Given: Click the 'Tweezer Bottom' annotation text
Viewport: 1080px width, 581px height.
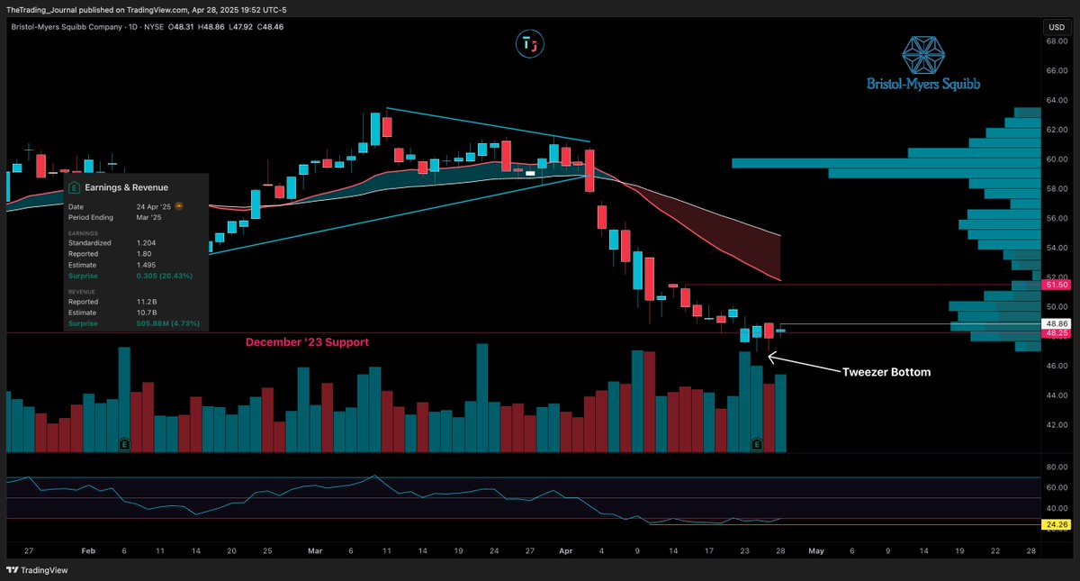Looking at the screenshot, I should pos(886,372).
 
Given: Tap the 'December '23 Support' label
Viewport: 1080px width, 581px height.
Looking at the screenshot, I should pos(307,342).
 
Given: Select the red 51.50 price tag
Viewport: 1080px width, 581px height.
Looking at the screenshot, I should pos(1056,285).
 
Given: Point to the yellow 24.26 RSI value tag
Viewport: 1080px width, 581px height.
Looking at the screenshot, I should pos(1056,524).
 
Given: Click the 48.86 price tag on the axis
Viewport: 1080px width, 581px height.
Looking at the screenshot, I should pos(1056,323).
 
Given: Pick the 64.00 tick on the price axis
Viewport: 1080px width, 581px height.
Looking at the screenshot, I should pos(1056,100).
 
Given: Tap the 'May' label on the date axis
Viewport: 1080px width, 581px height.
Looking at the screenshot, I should pos(816,549).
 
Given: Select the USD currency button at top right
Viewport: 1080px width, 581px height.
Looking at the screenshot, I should pos(1055,27).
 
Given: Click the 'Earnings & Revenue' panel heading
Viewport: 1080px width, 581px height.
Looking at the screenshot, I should pos(126,187).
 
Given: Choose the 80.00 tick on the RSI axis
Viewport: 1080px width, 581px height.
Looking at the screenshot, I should pos(1056,467).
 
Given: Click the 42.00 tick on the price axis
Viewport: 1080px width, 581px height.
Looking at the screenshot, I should pos(1056,424).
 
